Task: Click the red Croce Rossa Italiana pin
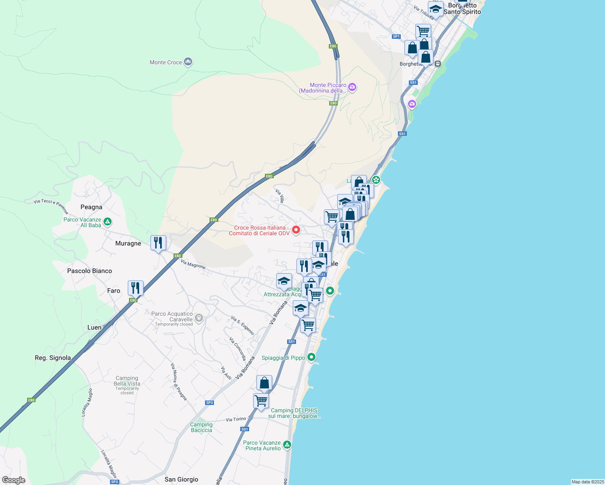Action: [296, 230]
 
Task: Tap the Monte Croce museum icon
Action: [188, 62]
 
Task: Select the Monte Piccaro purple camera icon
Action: [352, 87]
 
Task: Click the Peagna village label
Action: [91, 207]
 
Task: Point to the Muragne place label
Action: [128, 243]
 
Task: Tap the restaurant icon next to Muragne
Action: [158, 243]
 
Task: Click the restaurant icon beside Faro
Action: [135, 288]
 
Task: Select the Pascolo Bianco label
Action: [89, 271]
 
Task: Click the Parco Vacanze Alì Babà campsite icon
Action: [108, 221]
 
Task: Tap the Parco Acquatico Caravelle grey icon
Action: [199, 318]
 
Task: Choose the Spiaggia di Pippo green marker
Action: [311, 357]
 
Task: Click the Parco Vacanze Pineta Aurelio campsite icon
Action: [287, 445]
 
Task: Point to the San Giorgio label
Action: [181, 479]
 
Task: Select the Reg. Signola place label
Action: [53, 358]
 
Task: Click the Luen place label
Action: [95, 327]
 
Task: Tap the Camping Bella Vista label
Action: [127, 381]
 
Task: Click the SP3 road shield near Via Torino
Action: [209, 403]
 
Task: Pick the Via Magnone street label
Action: [193, 265]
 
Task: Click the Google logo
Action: [14, 480]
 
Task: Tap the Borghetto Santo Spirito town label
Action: [462, 9]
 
